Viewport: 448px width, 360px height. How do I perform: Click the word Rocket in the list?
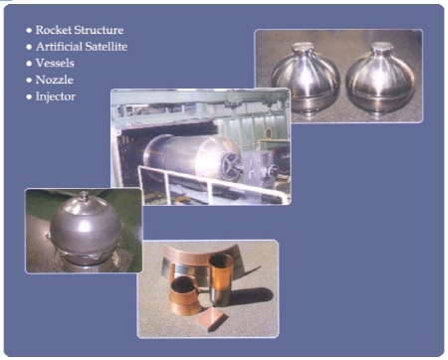coord(54,30)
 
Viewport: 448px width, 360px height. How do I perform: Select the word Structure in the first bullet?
coord(99,30)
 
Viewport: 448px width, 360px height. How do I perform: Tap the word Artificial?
coord(58,47)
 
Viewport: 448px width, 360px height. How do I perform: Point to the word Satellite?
coord(106,47)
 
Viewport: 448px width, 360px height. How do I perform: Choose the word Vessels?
coord(55,63)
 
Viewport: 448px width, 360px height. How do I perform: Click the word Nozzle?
coord(55,80)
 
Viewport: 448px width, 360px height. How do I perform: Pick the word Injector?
coord(56,96)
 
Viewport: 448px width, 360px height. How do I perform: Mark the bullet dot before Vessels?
coord(29,64)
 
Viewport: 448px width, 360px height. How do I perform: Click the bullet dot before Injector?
coord(29,96)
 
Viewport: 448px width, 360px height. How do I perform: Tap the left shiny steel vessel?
coord(306,79)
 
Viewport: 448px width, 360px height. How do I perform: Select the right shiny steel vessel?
coord(380,79)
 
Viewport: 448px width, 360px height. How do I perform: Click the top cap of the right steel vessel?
coord(381,47)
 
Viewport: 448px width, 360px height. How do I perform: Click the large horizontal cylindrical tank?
coord(192,157)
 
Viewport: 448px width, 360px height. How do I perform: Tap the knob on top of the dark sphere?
coord(85,195)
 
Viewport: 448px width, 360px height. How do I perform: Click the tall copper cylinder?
coord(221,279)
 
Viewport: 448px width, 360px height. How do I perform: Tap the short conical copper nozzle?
coord(184,296)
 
